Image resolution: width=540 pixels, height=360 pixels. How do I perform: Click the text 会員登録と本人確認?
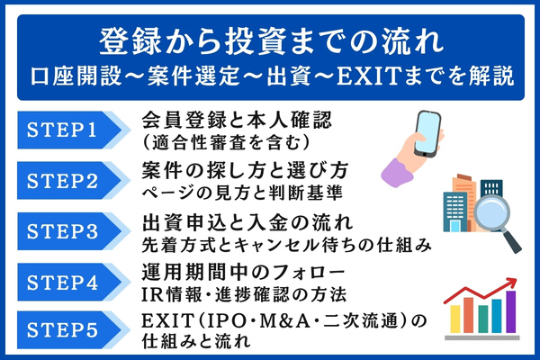pyautogui.click(x=224, y=121)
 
